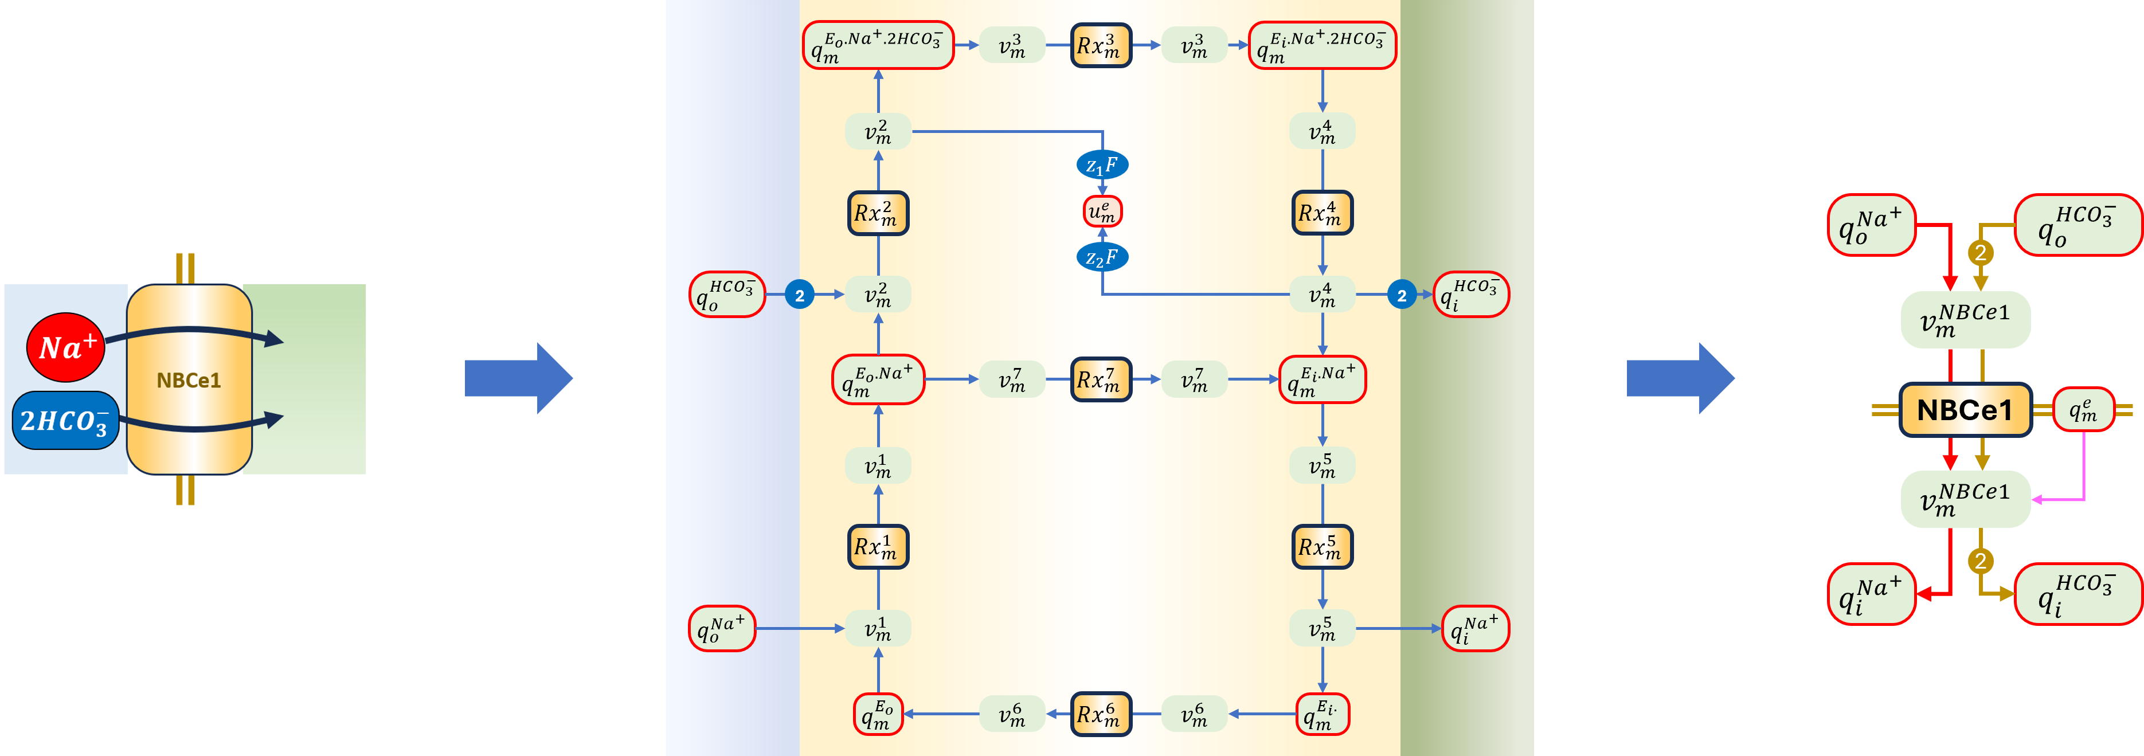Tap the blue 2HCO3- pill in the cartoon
click(x=65, y=421)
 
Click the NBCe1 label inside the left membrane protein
click(x=189, y=381)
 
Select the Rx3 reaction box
click(x=1100, y=45)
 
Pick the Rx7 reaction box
click(x=1100, y=379)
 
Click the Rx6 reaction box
click(x=1100, y=714)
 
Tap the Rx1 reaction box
click(x=877, y=547)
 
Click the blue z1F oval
click(x=1102, y=165)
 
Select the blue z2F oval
click(x=1102, y=257)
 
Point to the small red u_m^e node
click(x=1102, y=211)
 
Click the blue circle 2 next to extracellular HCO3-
click(x=799, y=295)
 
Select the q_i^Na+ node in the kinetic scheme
click(x=1474, y=629)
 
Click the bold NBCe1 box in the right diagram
click(x=1964, y=410)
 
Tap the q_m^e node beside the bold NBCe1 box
click(x=2083, y=410)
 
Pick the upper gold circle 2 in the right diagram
click(x=1981, y=252)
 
